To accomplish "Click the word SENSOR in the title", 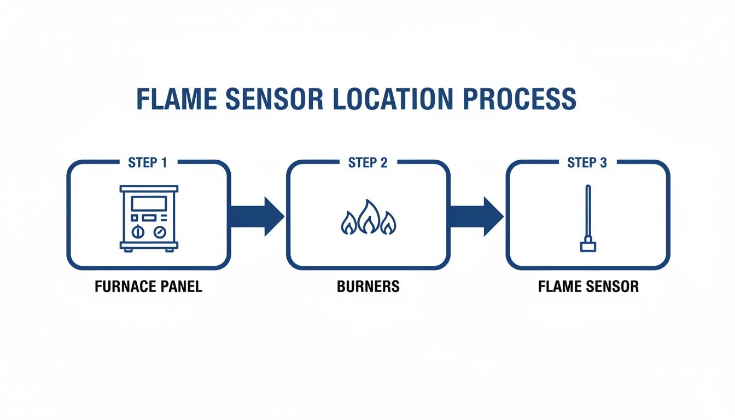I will pyautogui.click(x=275, y=100).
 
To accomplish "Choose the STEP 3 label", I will pyautogui.click(x=587, y=162).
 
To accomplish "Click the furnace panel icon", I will pyautogui.click(x=149, y=218).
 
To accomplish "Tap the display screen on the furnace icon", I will pyautogui.click(x=149, y=203).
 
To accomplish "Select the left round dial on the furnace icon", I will pyautogui.click(x=138, y=231).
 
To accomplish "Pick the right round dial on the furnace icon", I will pyautogui.click(x=160, y=231).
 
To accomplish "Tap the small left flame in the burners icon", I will pyautogui.click(x=348, y=224).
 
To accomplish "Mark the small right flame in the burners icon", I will pyautogui.click(x=388, y=224).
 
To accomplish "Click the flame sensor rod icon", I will pyautogui.click(x=587, y=213).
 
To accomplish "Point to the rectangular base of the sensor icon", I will pyautogui.click(x=587, y=247).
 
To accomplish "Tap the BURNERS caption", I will pyautogui.click(x=369, y=287).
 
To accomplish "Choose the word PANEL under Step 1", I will pyautogui.click(x=181, y=287).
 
